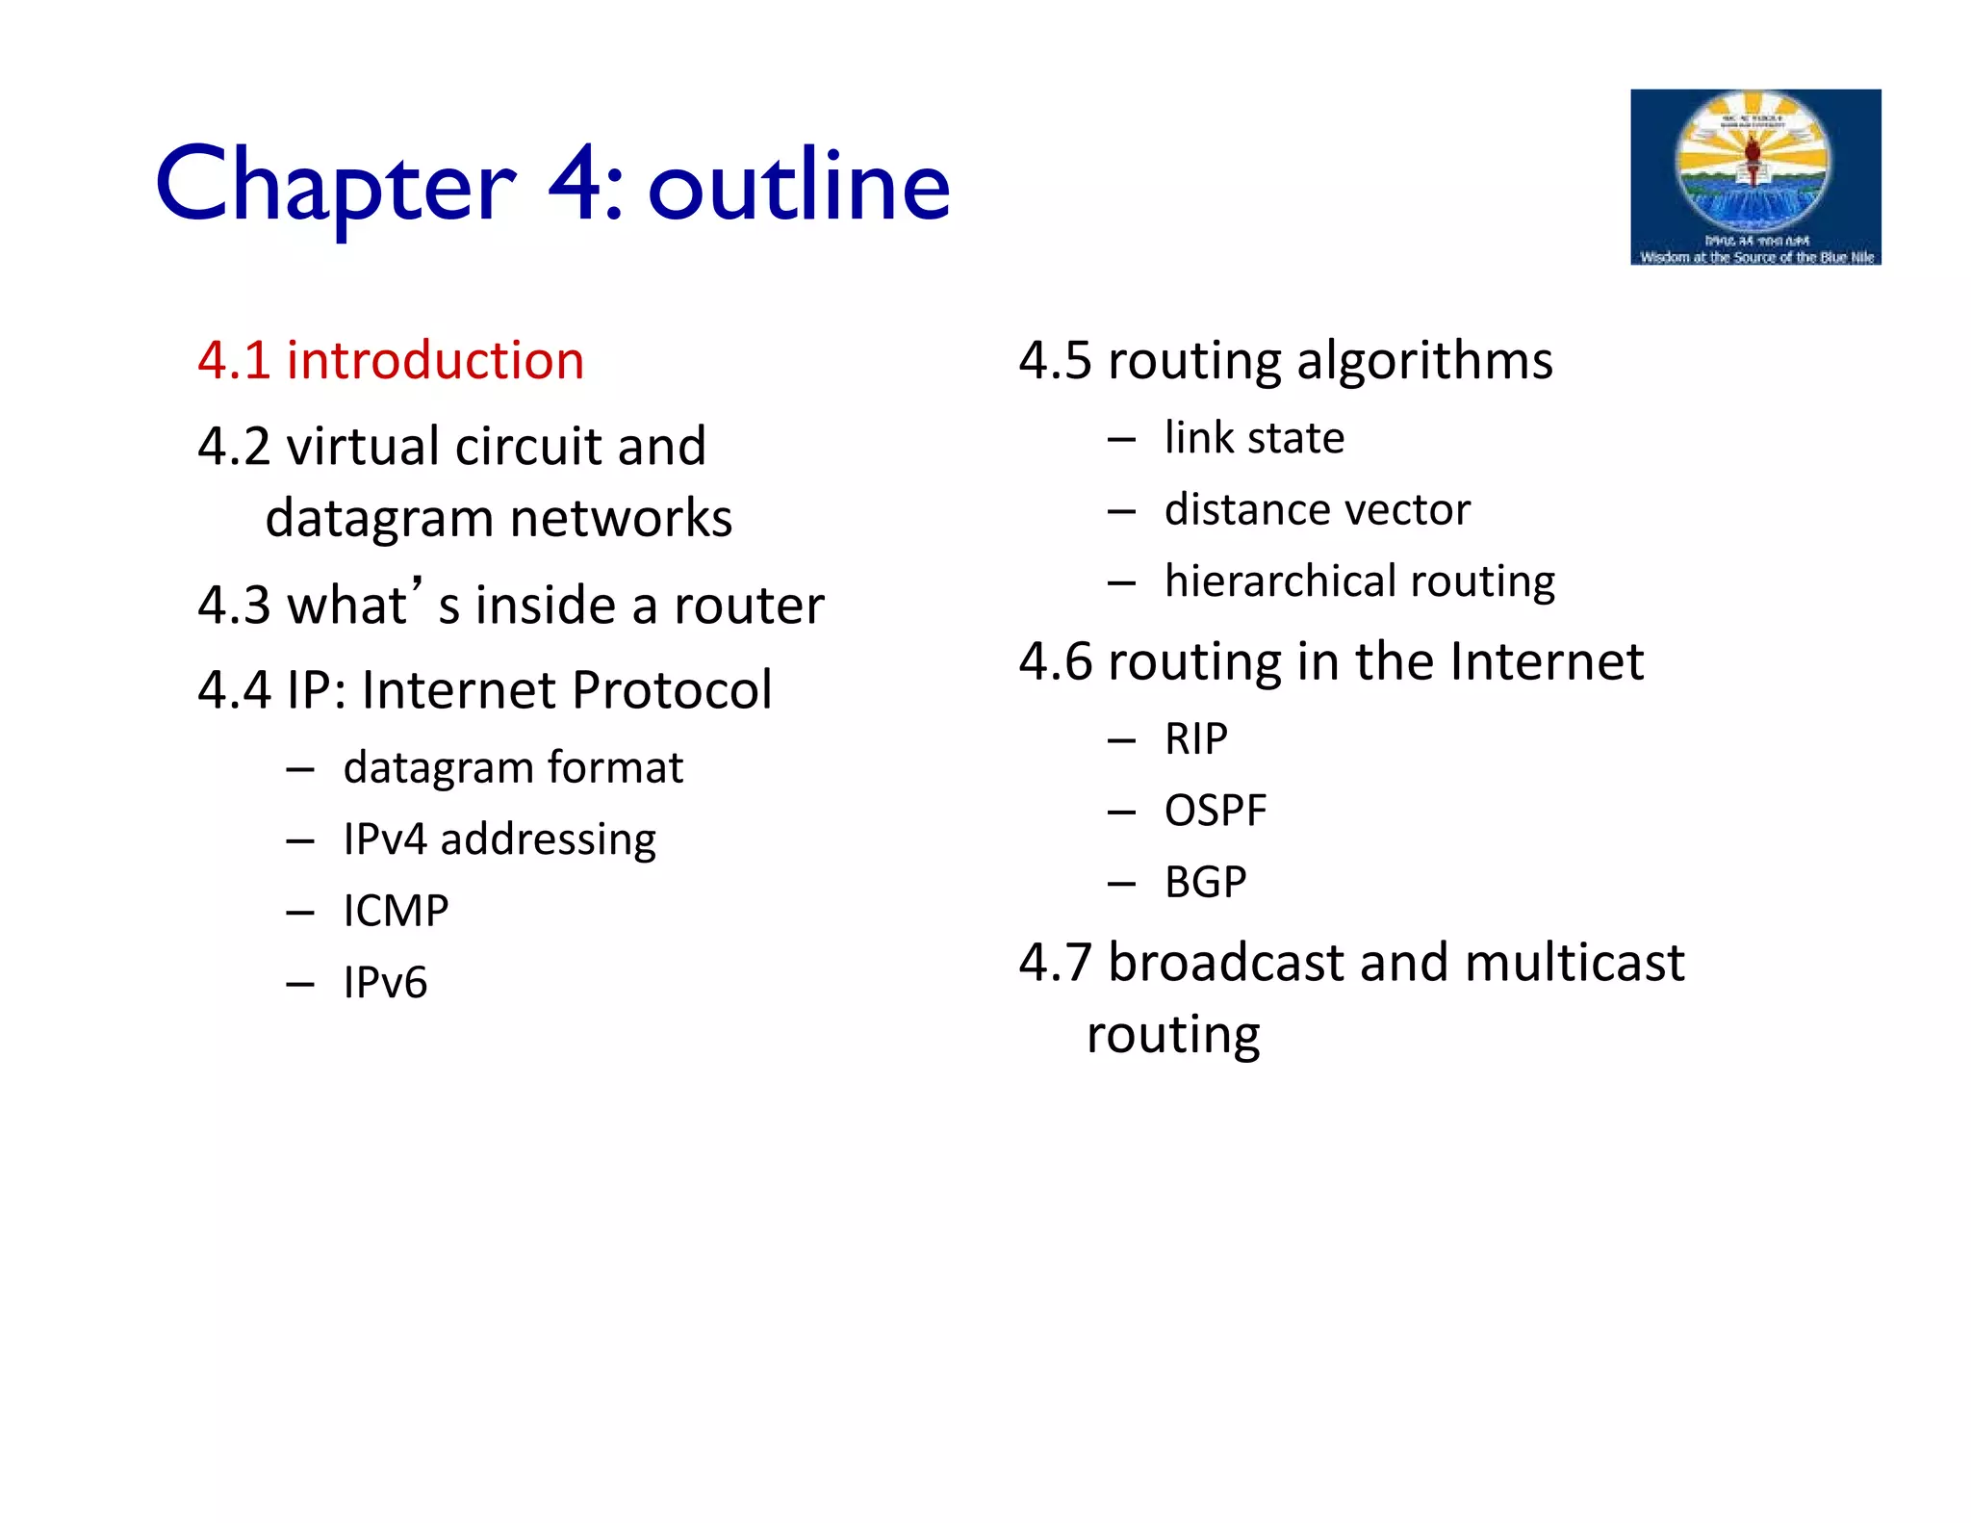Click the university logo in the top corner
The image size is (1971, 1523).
coord(1754,177)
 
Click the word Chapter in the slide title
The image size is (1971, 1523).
coord(336,185)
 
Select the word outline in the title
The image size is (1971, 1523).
coord(799,185)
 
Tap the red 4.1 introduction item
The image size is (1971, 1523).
coord(391,361)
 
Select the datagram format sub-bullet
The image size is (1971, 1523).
coord(513,768)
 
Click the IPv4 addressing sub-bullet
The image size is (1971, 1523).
coord(499,839)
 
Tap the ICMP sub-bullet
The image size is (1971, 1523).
coord(396,911)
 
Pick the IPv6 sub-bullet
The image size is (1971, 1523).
coord(385,983)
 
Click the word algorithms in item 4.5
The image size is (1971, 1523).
coord(1424,361)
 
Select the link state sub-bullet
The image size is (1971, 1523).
coord(1254,438)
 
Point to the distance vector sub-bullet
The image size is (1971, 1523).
coord(1317,510)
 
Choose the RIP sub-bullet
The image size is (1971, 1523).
coord(1195,739)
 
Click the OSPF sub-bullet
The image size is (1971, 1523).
coord(1215,811)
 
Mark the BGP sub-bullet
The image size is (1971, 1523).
coord(1205,882)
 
